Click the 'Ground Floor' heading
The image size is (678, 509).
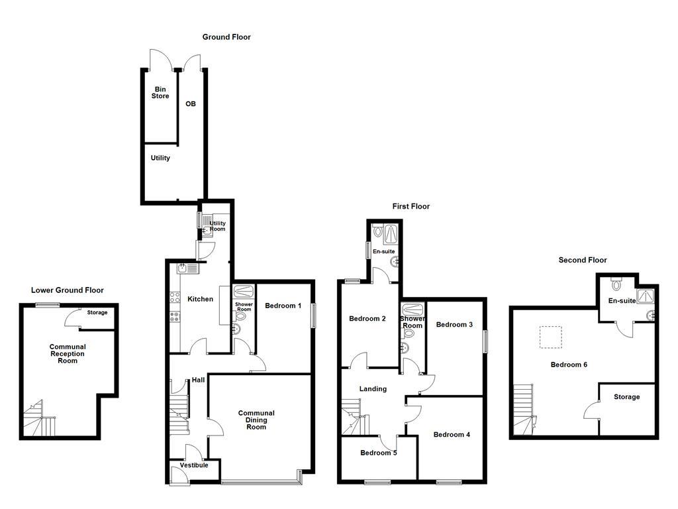tap(226, 37)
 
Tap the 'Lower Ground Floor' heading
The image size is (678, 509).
tap(67, 290)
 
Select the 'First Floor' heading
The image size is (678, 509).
tap(411, 206)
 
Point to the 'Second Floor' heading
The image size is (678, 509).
tap(582, 260)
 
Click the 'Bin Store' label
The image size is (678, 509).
tap(160, 93)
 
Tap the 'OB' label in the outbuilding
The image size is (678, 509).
tap(190, 104)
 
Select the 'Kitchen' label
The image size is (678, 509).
tap(200, 299)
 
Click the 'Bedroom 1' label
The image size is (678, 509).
tap(283, 306)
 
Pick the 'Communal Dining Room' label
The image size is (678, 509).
tap(256, 420)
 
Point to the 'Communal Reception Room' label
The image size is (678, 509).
tap(68, 353)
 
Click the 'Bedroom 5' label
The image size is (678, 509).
tap(379, 453)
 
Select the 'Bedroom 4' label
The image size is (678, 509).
tap(452, 435)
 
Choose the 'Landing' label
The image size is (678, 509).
tap(373, 389)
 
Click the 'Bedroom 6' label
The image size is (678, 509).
tap(569, 365)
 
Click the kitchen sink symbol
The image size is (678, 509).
tap(183, 268)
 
